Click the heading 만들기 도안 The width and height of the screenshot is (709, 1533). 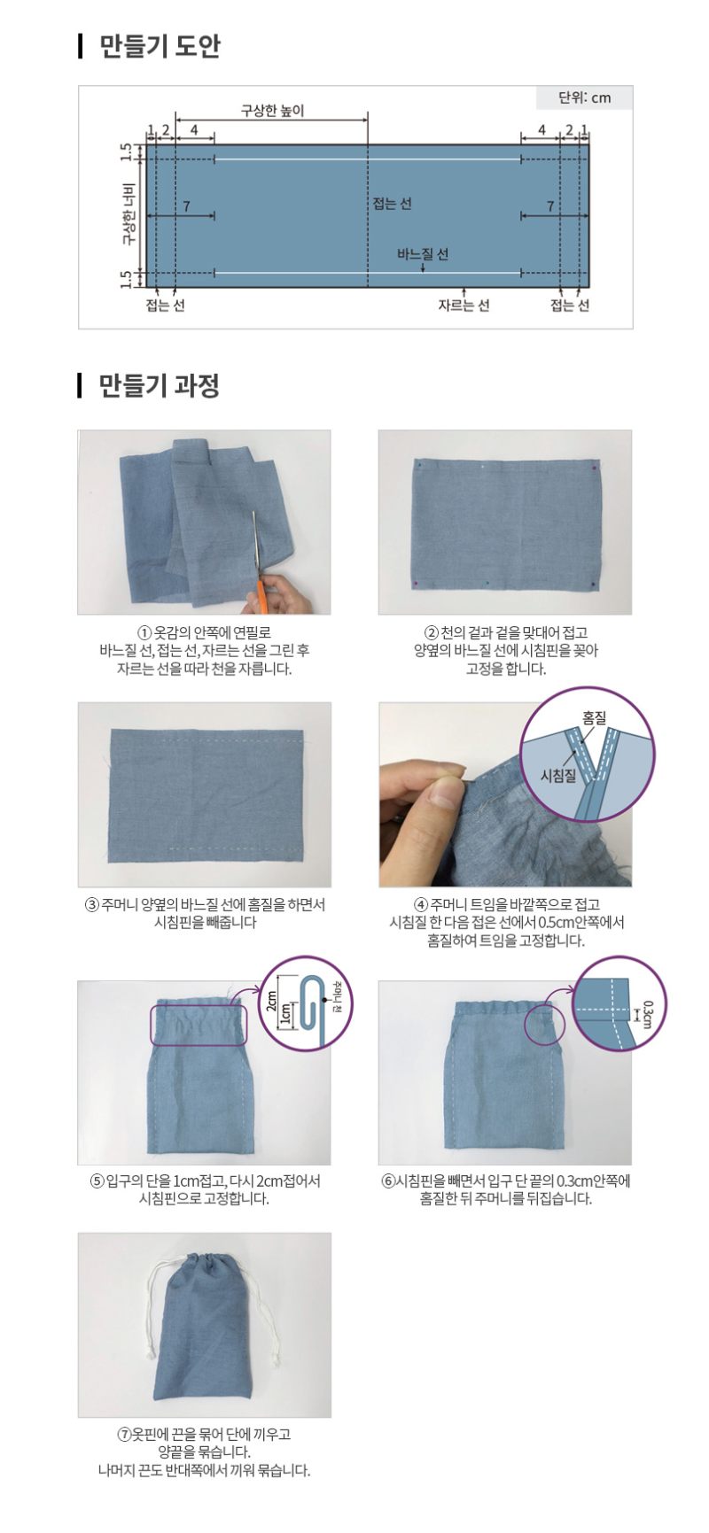160,46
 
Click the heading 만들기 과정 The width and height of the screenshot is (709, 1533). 160,385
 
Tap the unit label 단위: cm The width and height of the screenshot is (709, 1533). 584,97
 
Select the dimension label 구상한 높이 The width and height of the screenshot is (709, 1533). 272,111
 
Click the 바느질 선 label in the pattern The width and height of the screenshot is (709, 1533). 423,254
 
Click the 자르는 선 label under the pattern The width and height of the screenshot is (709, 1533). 464,306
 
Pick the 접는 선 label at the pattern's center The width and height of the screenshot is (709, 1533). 392,204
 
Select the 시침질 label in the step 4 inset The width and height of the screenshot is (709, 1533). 558,776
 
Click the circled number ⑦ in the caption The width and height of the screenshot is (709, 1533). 124,1435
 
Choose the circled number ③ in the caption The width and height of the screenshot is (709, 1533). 91,905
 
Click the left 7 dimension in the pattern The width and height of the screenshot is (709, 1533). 186,206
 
